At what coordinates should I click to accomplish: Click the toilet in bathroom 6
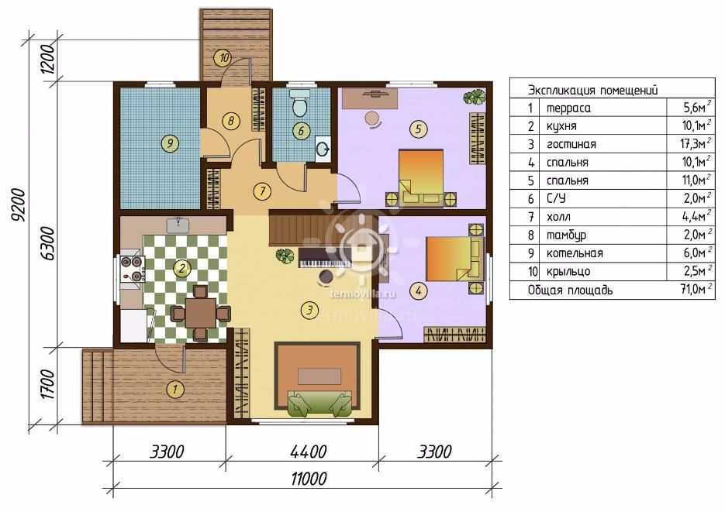[x=299, y=103]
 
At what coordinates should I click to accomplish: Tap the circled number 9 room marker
[x=170, y=143]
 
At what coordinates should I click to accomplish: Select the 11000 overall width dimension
[x=309, y=478]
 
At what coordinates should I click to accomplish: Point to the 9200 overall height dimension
[x=19, y=205]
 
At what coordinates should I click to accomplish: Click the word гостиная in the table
[x=571, y=145]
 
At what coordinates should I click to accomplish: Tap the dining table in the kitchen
[x=201, y=313]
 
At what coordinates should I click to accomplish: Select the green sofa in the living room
[x=319, y=404]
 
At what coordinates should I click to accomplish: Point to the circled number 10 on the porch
[x=223, y=58]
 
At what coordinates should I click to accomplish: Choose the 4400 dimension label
[x=309, y=452]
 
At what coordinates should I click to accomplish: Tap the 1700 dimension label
[x=48, y=384]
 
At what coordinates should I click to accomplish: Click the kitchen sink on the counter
[x=178, y=225]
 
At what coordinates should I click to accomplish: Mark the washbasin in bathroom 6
[x=323, y=148]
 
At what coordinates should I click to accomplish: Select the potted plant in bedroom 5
[x=475, y=98]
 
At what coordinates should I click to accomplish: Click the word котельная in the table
[x=575, y=253]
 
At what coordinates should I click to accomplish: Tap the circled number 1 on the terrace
[x=174, y=389]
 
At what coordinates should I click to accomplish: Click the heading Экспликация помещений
[x=592, y=90]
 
